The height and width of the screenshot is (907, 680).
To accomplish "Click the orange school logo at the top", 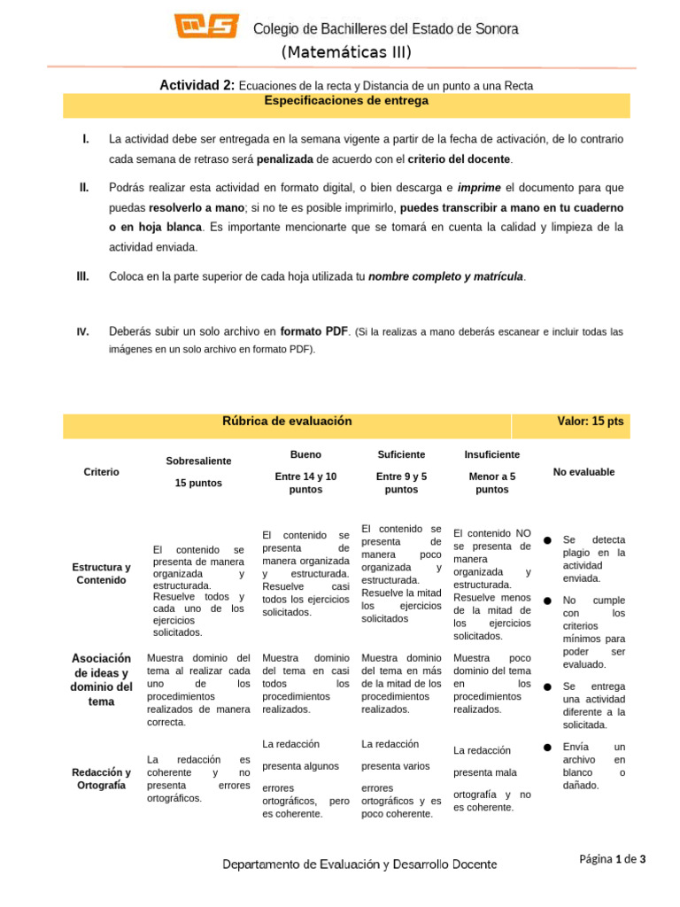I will click(x=206, y=27).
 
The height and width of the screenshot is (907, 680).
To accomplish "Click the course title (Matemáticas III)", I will click(x=346, y=52).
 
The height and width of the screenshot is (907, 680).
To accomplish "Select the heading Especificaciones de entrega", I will click(x=346, y=101).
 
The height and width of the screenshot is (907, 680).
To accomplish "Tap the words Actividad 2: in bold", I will click(x=197, y=85).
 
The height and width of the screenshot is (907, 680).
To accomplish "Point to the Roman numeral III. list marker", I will click(x=83, y=276).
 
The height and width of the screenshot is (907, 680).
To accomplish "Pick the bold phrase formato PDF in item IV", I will click(x=314, y=331).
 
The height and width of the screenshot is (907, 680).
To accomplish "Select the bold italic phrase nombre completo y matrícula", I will click(x=446, y=276).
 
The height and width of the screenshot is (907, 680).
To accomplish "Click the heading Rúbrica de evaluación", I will click(x=287, y=422).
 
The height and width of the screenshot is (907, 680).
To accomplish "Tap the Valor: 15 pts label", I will click(x=591, y=422).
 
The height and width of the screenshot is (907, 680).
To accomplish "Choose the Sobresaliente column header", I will click(x=198, y=461).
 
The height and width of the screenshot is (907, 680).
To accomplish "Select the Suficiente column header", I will click(x=401, y=454).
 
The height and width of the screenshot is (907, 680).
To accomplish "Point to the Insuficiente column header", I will click(x=491, y=454).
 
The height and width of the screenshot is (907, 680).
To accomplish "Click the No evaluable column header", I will click(x=583, y=472).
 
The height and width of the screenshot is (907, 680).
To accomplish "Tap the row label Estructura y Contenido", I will click(x=101, y=573).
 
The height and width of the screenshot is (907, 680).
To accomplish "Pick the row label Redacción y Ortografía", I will click(x=101, y=779).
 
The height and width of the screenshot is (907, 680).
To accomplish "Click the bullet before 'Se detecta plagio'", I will click(x=548, y=540).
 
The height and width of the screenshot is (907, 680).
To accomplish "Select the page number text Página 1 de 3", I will click(x=613, y=858).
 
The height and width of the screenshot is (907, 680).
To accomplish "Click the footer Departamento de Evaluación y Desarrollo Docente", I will click(x=359, y=864).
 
